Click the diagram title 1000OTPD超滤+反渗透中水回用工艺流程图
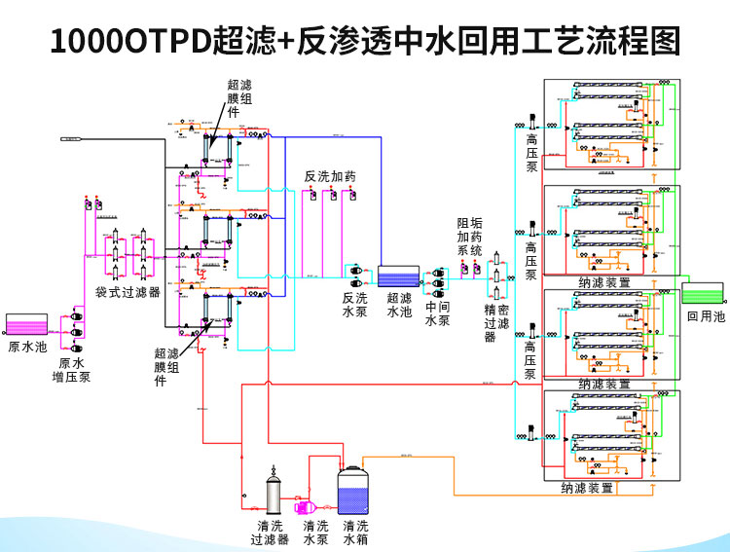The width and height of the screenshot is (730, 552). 365,40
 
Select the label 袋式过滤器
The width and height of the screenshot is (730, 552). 128,293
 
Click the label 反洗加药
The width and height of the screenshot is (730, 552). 330,176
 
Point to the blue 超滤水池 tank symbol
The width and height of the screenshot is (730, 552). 399,278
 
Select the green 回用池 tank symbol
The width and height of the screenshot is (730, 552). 702,293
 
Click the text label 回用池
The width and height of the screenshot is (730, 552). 706,317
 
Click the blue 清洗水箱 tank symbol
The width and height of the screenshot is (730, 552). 355,493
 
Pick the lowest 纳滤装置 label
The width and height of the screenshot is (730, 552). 587,488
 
